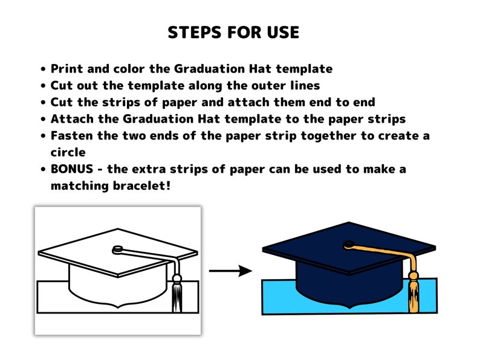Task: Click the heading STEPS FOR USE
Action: click(x=233, y=33)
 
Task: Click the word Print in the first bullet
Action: click(x=66, y=69)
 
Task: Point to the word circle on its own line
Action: click(x=68, y=152)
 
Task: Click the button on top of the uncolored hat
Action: click(x=118, y=248)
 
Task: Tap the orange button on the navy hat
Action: click(x=349, y=245)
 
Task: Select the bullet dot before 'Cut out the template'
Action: click(x=43, y=86)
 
